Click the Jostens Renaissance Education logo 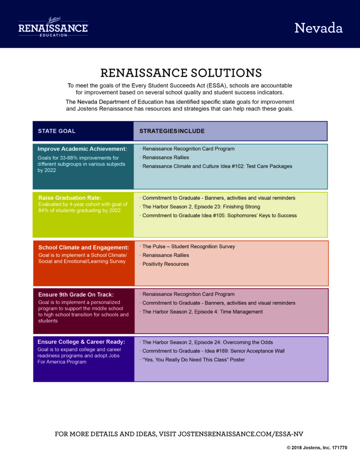click(53, 27)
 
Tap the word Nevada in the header click(319, 28)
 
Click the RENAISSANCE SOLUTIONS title click(181, 73)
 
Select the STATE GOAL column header click(57, 131)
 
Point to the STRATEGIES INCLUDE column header click(172, 131)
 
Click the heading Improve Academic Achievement click(82, 149)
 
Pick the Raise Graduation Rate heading click(70, 198)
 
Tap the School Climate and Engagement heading click(83, 248)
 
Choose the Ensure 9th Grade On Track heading click(76, 295)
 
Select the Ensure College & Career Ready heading click(81, 342)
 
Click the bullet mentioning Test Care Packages click(216, 166)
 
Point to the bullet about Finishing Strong click(200, 207)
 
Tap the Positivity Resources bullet click(164, 264)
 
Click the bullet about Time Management click(201, 312)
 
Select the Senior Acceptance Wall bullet click(212, 351)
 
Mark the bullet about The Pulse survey click(187, 247)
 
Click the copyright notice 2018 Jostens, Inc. click(317, 447)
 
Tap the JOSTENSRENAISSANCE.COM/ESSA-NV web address click(241, 434)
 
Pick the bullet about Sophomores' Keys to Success click(218, 215)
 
